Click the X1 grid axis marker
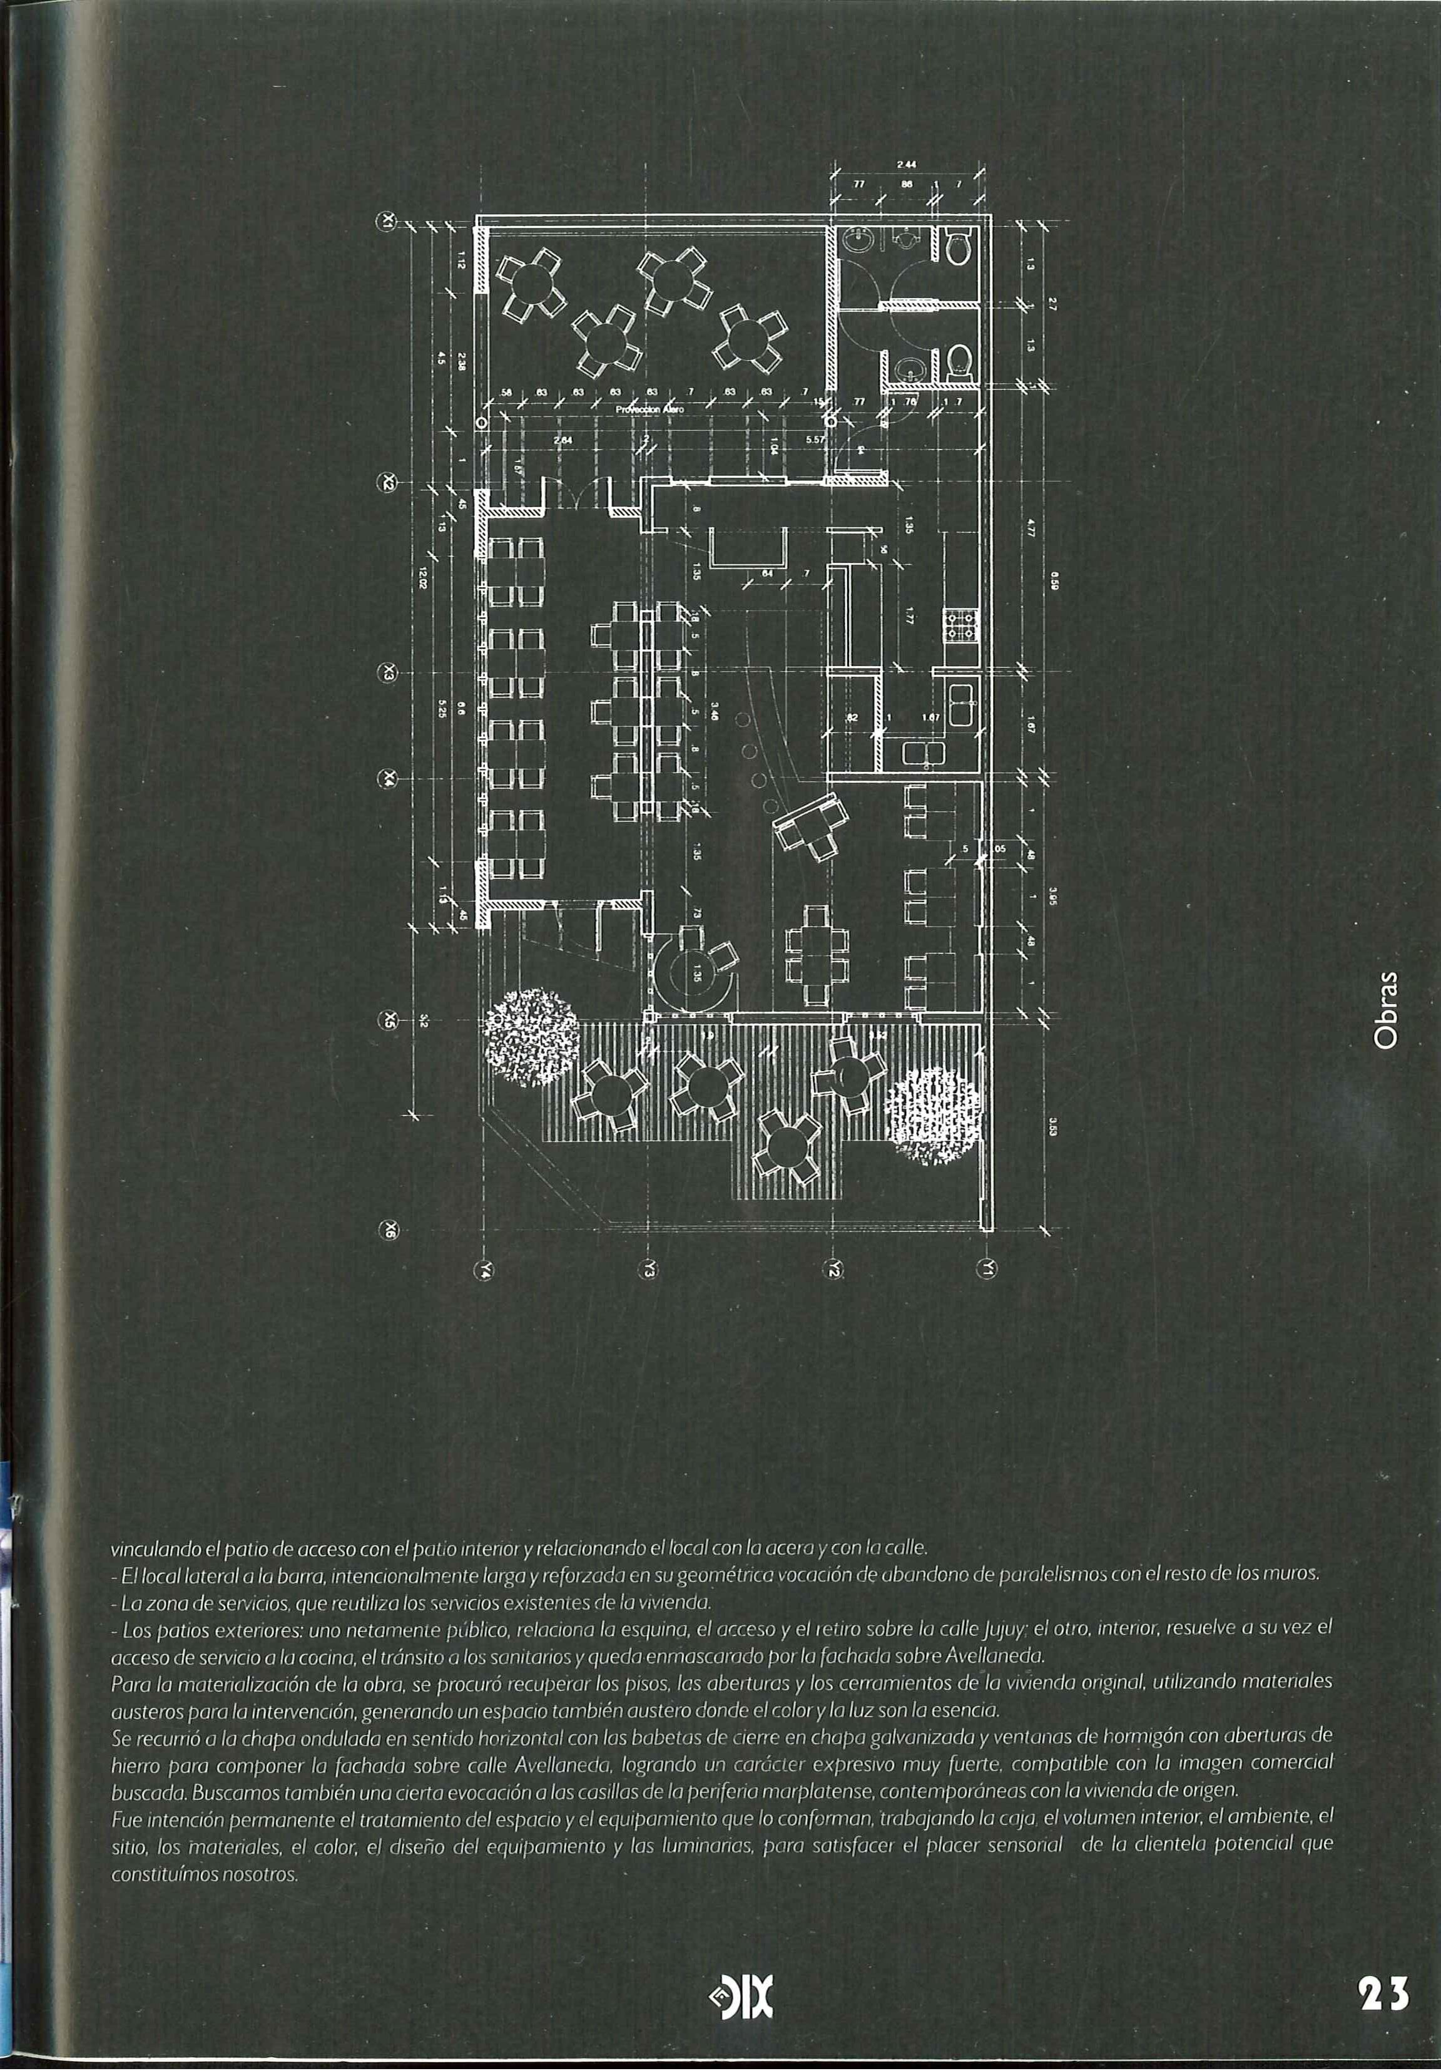[389, 221]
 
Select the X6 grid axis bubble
[389, 1228]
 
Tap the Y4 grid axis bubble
[487, 1270]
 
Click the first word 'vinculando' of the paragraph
[148, 1549]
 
